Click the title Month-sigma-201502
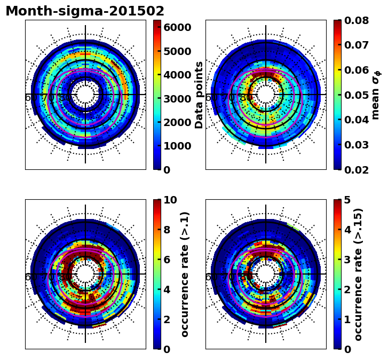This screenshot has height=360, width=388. (x=85, y=11)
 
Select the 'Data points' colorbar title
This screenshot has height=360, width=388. (x=200, y=95)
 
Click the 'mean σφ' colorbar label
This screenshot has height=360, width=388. (x=376, y=95)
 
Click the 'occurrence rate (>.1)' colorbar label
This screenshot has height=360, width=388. (x=185, y=274)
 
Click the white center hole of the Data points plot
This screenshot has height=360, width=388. (x=85, y=95)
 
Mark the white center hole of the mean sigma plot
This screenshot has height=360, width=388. (x=266, y=95)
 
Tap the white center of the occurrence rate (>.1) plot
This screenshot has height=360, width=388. (x=85, y=274)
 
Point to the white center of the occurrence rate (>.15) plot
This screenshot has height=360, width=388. (x=266, y=274)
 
